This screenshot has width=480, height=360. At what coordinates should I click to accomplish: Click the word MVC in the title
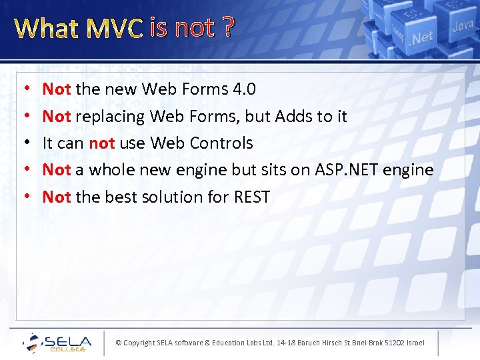pyautogui.click(x=115, y=28)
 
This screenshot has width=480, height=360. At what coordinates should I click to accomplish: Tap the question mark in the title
pyautogui.click(x=228, y=28)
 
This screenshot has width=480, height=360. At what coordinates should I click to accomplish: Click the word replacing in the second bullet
pyautogui.click(x=110, y=116)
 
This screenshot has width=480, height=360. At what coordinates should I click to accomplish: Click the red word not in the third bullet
pyautogui.click(x=102, y=143)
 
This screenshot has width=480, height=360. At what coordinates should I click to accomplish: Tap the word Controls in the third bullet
pyautogui.click(x=221, y=143)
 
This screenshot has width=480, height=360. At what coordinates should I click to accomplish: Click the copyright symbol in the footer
pyautogui.click(x=118, y=343)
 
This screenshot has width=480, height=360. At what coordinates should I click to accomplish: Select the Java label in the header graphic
pyautogui.click(x=462, y=27)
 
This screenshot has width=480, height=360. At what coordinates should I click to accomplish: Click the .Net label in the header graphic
pyautogui.click(x=422, y=37)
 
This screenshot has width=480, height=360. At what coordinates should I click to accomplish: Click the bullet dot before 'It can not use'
pyautogui.click(x=25, y=143)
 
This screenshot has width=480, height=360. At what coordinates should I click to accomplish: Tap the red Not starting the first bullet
pyautogui.click(x=57, y=89)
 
